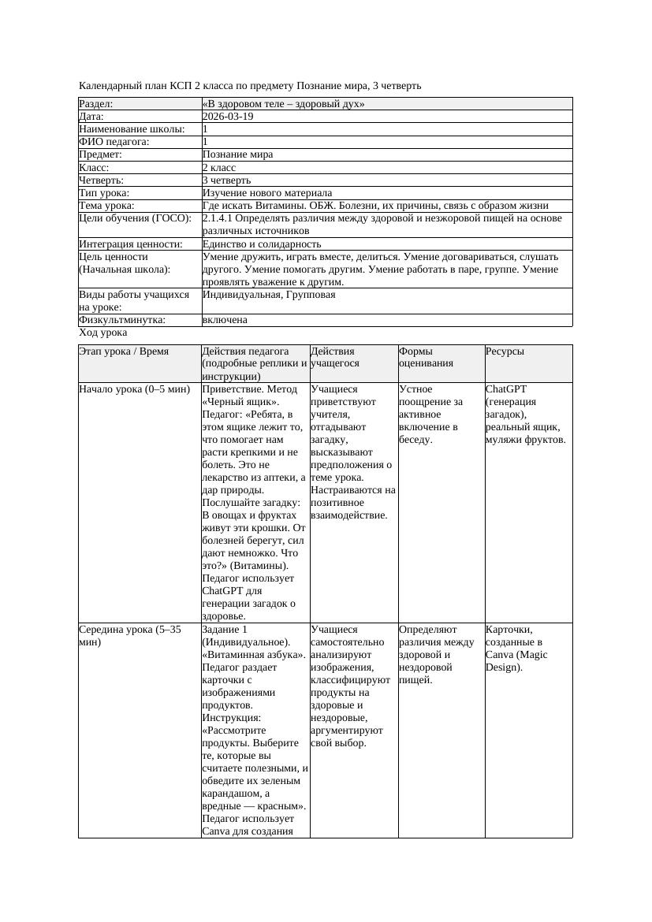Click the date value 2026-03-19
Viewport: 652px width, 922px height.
[x=228, y=117]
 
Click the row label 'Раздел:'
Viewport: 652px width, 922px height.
[x=96, y=104]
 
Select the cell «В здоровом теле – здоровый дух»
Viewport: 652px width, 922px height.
[x=283, y=104]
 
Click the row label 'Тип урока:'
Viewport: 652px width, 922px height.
[x=104, y=193]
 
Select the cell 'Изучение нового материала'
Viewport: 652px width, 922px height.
[x=267, y=193]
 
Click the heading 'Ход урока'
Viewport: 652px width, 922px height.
[x=103, y=333]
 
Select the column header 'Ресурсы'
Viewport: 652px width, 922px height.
[x=505, y=351]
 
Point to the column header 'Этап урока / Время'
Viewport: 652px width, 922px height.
[x=124, y=351]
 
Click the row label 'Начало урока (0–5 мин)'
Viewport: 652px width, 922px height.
[x=134, y=389]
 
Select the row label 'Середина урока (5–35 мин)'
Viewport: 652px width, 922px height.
[x=130, y=636]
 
